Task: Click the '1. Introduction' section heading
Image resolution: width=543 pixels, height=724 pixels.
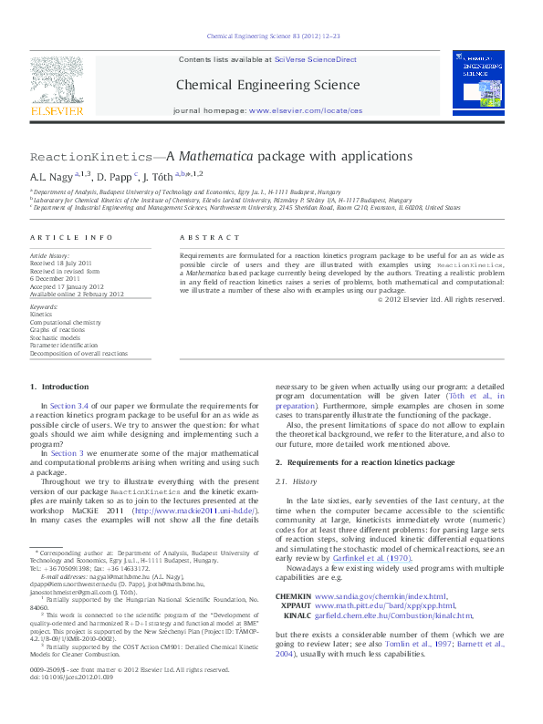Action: point(59,387)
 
